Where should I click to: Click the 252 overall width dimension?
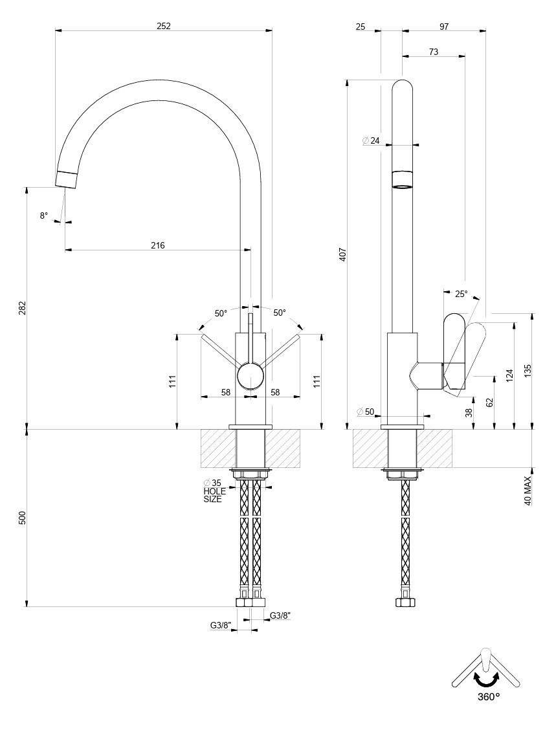[164, 26]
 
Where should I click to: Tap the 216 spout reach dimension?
[158, 245]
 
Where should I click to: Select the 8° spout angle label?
[44, 216]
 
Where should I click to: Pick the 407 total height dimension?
[343, 254]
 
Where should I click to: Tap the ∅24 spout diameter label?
[372, 140]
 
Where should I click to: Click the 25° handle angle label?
[461, 294]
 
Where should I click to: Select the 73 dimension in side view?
[433, 52]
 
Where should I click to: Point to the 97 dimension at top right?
[444, 27]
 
